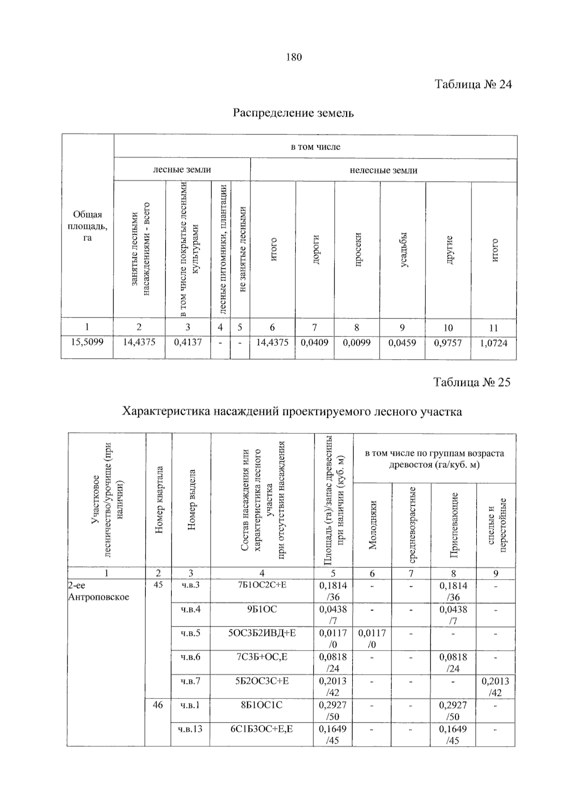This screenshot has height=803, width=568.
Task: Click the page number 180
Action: (293, 57)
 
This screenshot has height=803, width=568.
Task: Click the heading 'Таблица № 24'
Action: (473, 84)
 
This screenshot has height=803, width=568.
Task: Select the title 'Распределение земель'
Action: (293, 113)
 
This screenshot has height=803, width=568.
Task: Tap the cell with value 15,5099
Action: (87, 342)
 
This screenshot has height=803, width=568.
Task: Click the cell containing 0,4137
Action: (188, 342)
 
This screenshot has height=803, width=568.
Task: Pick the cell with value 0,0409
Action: (314, 342)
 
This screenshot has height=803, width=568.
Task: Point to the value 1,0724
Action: (493, 343)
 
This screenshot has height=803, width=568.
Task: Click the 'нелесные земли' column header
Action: (383, 170)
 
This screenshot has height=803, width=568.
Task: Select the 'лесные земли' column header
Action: (182, 169)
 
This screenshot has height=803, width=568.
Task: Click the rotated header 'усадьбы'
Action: (403, 250)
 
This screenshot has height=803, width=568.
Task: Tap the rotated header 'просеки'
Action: (358, 249)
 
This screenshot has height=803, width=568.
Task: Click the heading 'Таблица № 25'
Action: (472, 382)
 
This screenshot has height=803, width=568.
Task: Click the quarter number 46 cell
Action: (158, 705)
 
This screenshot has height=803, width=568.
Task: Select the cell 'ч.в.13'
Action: (190, 729)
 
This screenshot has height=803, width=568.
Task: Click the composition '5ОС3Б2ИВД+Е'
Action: (262, 633)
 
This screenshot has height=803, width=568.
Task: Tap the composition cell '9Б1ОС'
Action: (262, 609)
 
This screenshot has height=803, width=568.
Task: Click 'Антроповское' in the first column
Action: (98, 597)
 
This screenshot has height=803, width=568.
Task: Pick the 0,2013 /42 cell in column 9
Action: (495, 686)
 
